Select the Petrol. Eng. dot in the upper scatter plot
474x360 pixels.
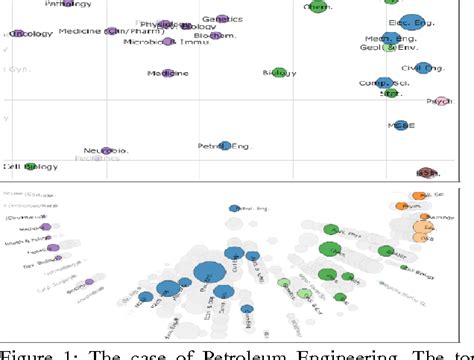pos(226,146)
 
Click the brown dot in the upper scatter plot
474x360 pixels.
pos(425,172)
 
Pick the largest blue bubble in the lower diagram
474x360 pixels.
pos(209,272)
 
